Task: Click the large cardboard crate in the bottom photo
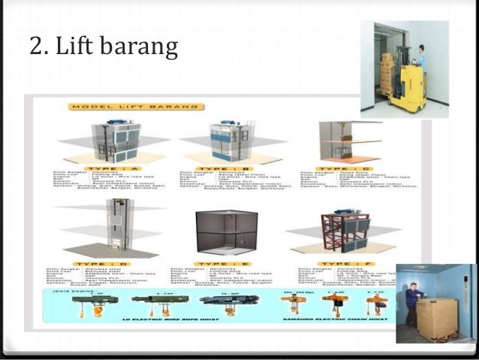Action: point(438,318)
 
